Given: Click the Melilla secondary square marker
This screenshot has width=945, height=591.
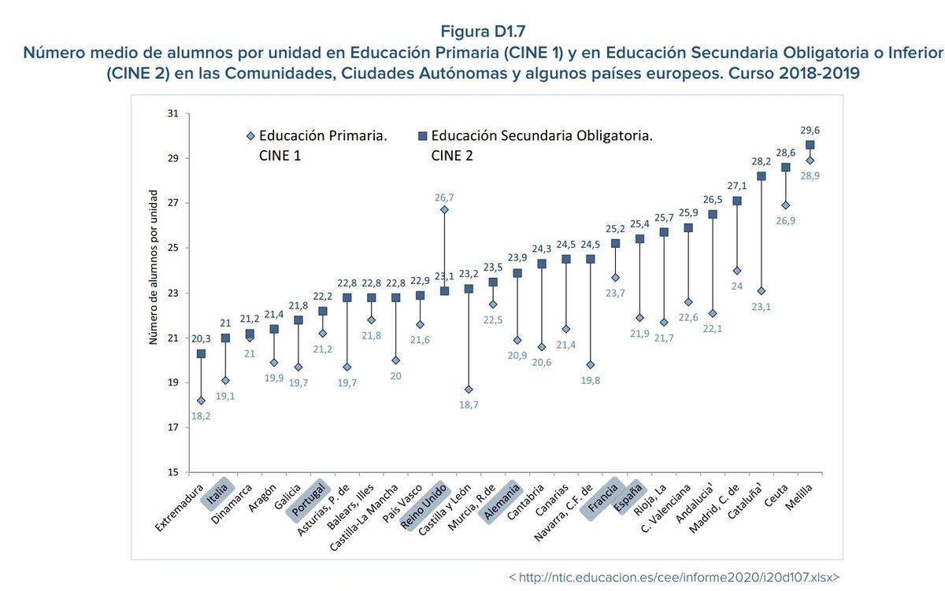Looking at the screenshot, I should click(x=810, y=145).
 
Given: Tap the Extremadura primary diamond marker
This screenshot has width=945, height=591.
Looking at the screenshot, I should click(x=201, y=401).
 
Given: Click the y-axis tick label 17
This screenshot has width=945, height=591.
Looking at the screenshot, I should click(x=172, y=428).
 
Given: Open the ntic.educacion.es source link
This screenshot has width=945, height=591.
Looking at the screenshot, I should click(x=673, y=577).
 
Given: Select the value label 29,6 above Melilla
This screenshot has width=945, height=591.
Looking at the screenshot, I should click(x=810, y=130).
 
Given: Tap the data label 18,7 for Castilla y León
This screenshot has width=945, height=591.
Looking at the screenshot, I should click(x=469, y=404).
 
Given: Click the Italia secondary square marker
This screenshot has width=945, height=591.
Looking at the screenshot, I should click(x=225, y=338).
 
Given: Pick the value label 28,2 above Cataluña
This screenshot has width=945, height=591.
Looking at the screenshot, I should click(x=761, y=161).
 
